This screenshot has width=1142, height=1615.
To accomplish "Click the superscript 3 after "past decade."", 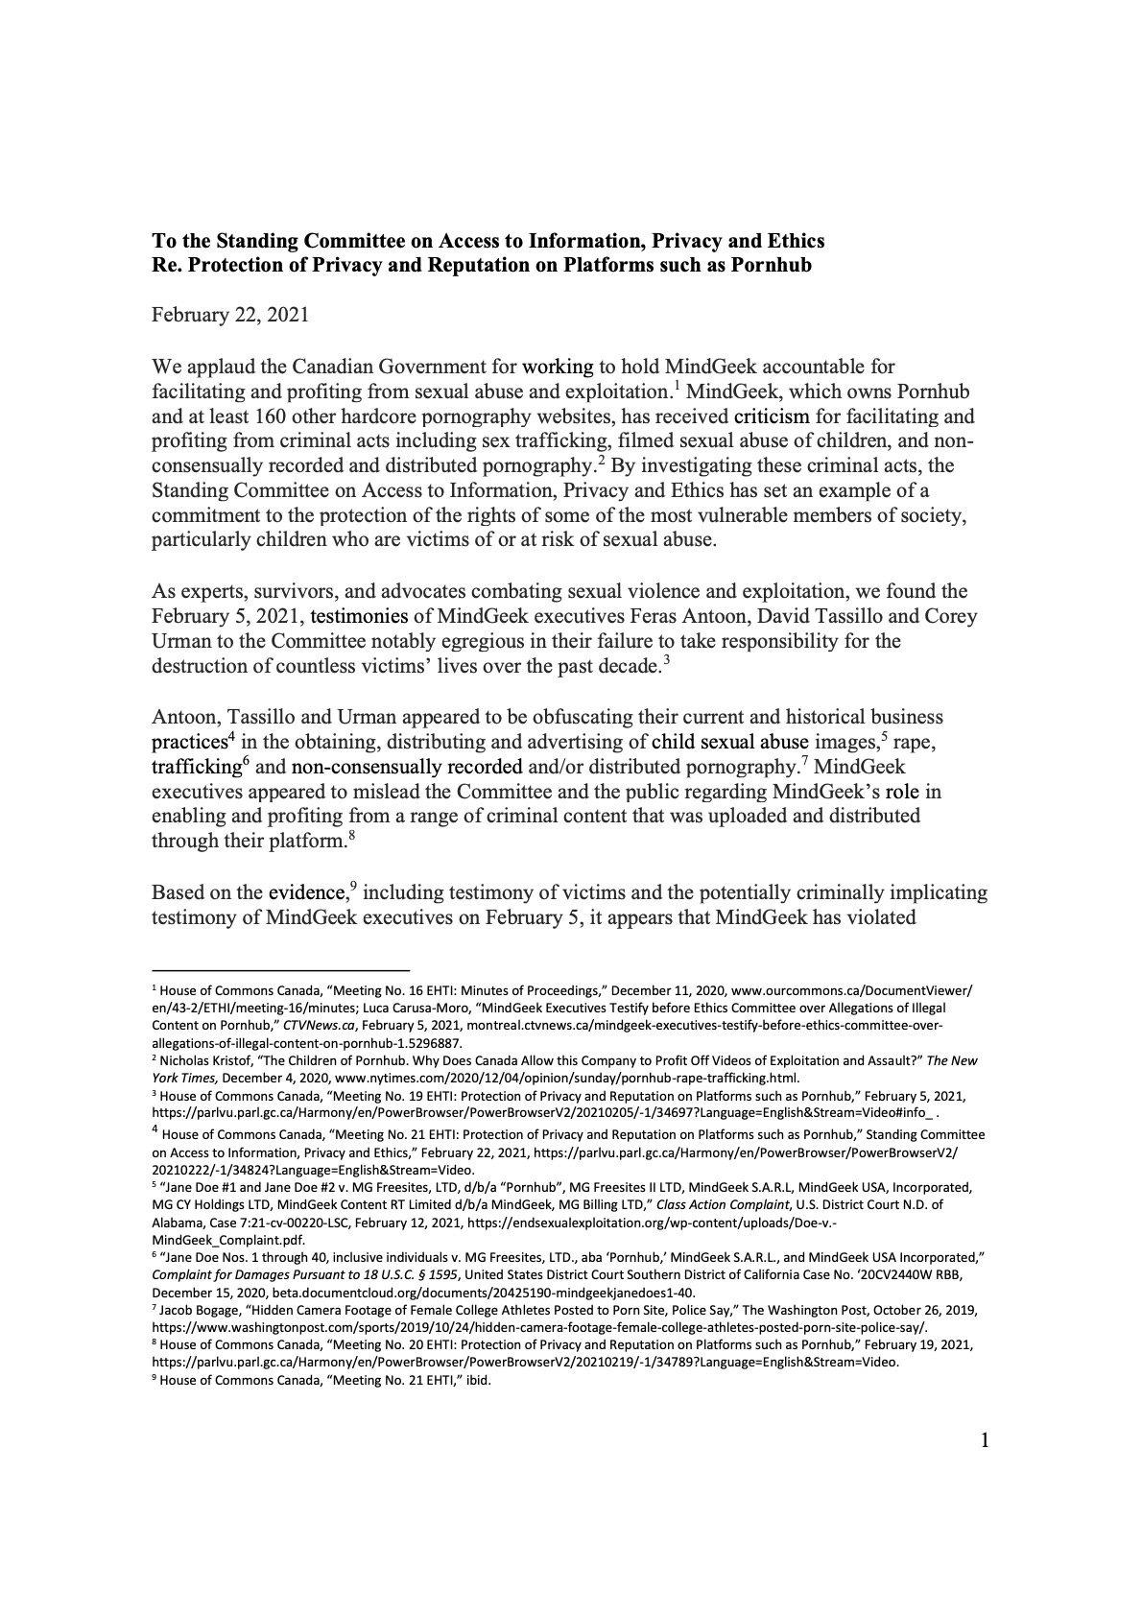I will [x=666, y=660].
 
